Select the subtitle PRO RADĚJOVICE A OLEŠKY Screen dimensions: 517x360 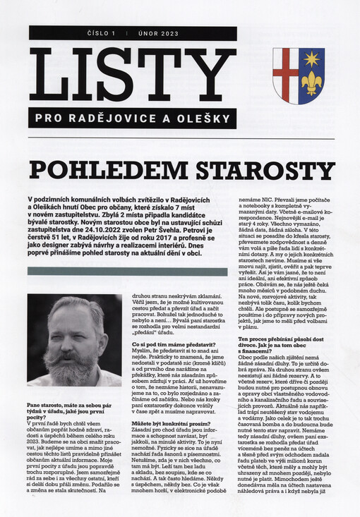tap(132, 118)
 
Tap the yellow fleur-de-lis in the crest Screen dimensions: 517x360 tap(311, 83)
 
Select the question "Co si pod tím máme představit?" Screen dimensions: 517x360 tap(168, 343)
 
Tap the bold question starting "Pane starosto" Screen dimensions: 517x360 tap(68, 410)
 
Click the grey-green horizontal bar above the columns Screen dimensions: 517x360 tap(127, 272)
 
